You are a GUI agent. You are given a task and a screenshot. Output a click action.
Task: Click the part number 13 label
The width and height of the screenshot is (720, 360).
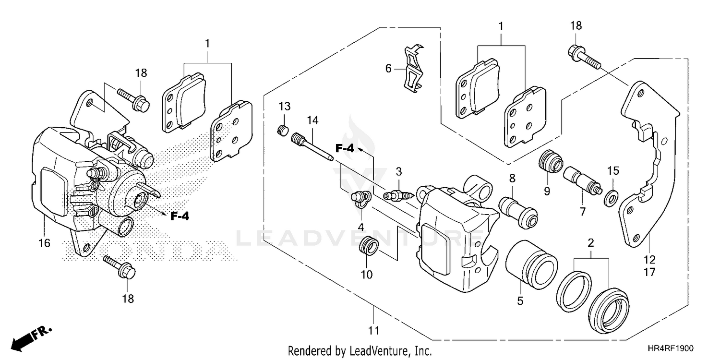click(285, 106)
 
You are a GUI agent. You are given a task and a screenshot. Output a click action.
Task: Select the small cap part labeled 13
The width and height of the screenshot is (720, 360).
click(283, 129)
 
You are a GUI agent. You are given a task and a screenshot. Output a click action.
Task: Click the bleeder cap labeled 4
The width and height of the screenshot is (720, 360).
click(360, 198)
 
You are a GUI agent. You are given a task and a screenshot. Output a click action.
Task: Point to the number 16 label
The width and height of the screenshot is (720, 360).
click(44, 243)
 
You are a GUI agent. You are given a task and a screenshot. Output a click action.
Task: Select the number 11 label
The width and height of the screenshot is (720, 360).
click(374, 331)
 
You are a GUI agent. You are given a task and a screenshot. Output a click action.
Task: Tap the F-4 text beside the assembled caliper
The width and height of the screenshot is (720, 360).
click(180, 216)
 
